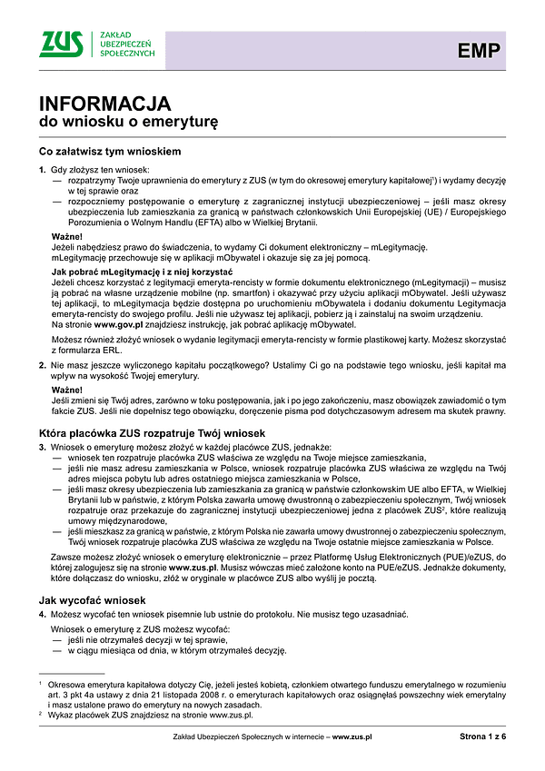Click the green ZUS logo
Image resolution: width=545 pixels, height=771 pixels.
tap(63, 43)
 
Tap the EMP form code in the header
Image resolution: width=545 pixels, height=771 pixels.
tap(478, 51)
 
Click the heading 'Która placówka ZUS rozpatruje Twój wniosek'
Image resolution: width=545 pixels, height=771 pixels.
tap(152, 433)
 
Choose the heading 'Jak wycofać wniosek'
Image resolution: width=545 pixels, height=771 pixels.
tap(92, 575)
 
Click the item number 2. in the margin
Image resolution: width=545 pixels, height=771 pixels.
tap(43, 364)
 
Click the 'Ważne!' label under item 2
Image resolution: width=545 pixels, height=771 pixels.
tap(67, 388)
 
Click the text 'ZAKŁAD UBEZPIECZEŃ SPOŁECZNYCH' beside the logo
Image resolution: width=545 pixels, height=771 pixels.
tap(125, 44)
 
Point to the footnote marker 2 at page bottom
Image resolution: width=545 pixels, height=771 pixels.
tap(41, 715)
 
